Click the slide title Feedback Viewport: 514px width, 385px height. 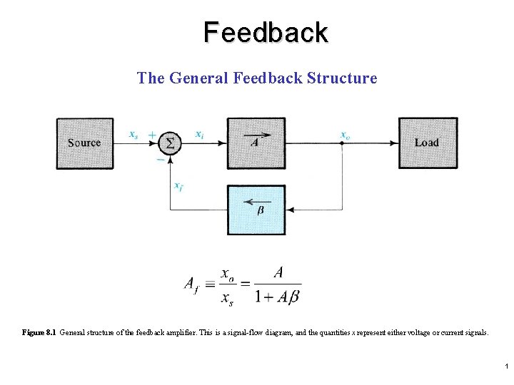(x=266, y=33)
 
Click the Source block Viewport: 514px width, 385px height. (x=85, y=143)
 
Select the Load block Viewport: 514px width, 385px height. (x=427, y=143)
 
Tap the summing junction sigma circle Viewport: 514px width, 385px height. (x=169, y=143)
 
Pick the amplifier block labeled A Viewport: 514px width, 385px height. (x=256, y=143)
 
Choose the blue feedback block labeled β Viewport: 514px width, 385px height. (x=256, y=210)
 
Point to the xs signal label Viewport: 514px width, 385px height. (x=133, y=134)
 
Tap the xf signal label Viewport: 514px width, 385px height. (x=178, y=185)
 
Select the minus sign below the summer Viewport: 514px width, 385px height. (x=160, y=160)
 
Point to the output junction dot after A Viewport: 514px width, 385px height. (x=342, y=143)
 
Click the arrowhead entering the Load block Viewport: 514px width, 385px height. (x=395, y=143)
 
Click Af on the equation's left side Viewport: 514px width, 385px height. (x=191, y=284)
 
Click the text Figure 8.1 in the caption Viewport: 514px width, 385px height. (x=39, y=332)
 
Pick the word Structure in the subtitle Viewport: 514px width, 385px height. (x=341, y=77)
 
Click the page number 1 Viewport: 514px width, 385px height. (x=505, y=366)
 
